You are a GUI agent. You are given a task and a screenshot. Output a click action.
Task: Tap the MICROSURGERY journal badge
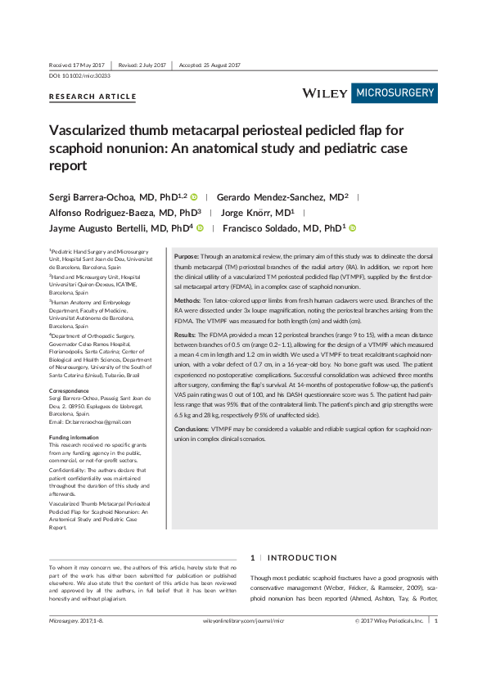click(x=395, y=93)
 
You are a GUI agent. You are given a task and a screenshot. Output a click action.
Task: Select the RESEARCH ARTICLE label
click(x=93, y=97)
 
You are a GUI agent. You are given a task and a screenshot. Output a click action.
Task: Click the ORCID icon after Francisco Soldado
click(x=353, y=227)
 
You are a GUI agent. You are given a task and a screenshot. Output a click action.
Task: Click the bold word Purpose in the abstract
click(x=187, y=256)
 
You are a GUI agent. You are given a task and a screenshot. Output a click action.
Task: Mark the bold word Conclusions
click(x=192, y=429)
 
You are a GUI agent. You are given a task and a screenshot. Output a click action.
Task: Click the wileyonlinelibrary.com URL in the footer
click(x=243, y=622)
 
